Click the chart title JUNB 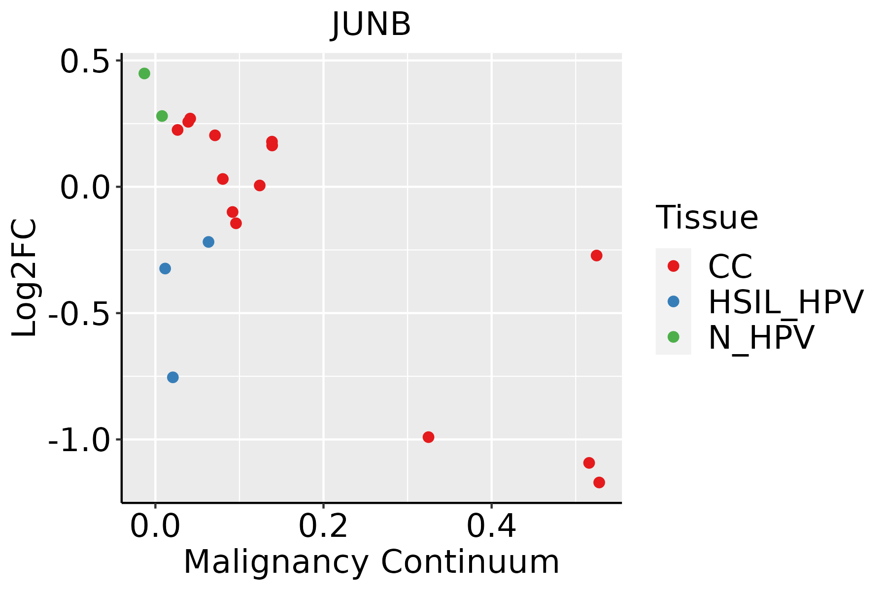coord(372,24)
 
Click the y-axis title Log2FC coord(25,278)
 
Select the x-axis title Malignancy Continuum coord(372,562)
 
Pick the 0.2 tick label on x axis coord(323,526)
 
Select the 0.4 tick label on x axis coord(491,526)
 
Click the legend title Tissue coord(707,217)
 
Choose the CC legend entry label coord(730,266)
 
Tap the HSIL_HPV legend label coord(785,302)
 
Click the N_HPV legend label coord(761,337)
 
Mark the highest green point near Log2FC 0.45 coord(144,73)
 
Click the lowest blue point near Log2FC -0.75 coord(172,377)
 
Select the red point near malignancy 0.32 coord(429,437)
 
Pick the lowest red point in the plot coord(599,482)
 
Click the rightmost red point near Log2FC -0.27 coord(596,256)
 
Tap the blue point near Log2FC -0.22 coord(208,242)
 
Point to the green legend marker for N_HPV coord(673,337)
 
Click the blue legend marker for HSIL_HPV coord(673,301)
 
